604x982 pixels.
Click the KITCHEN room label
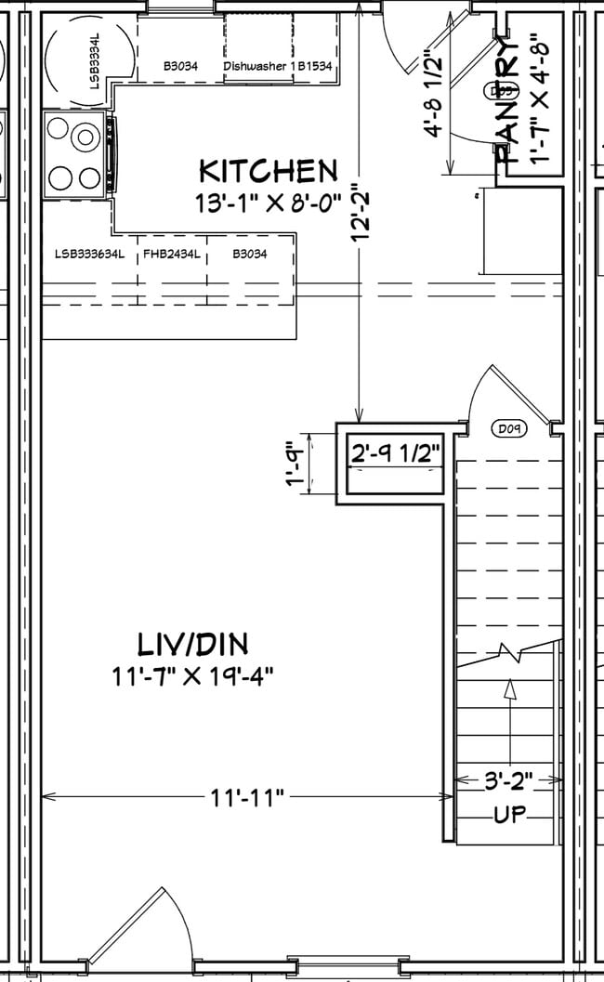pos(269,171)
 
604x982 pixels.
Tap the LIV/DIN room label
pos(192,644)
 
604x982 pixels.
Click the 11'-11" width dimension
pos(246,796)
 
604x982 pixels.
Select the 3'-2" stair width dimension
pos(508,782)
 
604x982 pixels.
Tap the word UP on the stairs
pos(509,816)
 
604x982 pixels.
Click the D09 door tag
pos(507,429)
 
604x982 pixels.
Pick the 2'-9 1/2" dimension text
pos(394,453)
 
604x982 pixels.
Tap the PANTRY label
pos(506,102)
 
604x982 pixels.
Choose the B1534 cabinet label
pos(315,67)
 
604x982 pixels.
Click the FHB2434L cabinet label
pos(172,253)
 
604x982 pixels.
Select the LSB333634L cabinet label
pos(89,253)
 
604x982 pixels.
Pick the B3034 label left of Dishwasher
pos(179,67)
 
